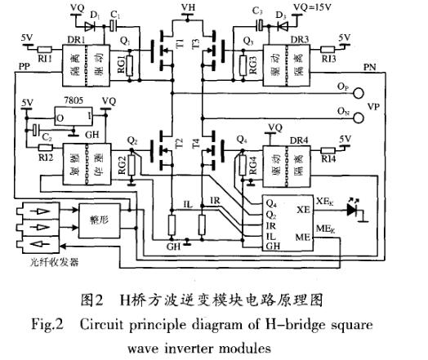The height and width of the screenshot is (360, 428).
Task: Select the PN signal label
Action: tap(368, 67)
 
